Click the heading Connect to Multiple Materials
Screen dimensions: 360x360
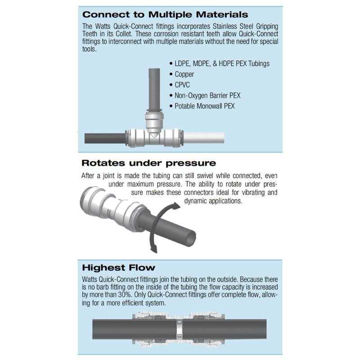165,14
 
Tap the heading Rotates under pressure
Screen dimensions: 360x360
148,163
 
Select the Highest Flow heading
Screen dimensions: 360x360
119,268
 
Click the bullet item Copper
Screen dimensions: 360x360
184,74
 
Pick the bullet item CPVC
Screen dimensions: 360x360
182,84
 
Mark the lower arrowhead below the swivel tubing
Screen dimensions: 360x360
153,248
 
